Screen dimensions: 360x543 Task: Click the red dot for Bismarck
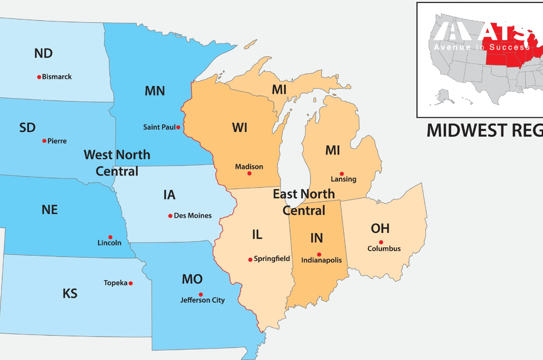point(39,77)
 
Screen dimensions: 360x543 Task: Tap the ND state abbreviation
point(43,53)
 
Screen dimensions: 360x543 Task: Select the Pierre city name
point(57,141)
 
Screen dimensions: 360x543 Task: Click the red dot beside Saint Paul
point(178,127)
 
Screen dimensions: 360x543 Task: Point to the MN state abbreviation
point(155,91)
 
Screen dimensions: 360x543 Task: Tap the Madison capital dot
point(249,174)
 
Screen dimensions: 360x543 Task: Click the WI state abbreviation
point(240,128)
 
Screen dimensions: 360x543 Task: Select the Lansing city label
point(343,179)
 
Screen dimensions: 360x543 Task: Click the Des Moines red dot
point(170,216)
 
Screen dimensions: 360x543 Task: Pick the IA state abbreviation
point(169,195)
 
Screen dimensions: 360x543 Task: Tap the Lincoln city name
point(109,243)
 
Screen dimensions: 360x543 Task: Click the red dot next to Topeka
point(131,283)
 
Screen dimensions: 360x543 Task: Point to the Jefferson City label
point(203,300)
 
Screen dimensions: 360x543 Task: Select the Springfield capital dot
point(250,260)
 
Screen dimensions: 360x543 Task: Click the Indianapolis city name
point(321,260)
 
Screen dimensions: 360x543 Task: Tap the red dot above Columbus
point(381,242)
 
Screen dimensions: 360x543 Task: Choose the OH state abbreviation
point(380,229)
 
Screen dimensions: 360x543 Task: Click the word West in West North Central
point(98,155)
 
